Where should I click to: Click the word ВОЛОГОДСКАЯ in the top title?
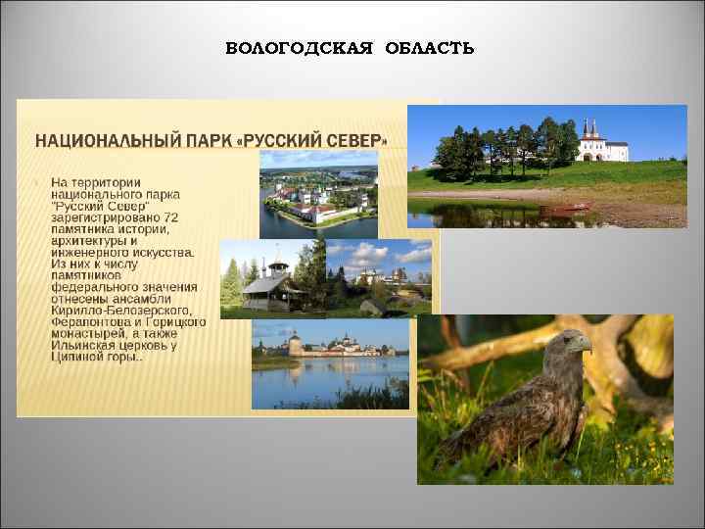pos(299,49)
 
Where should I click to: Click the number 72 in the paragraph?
pos(171,216)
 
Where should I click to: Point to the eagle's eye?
pos(573,338)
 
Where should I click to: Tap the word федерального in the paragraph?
pos(94,287)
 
